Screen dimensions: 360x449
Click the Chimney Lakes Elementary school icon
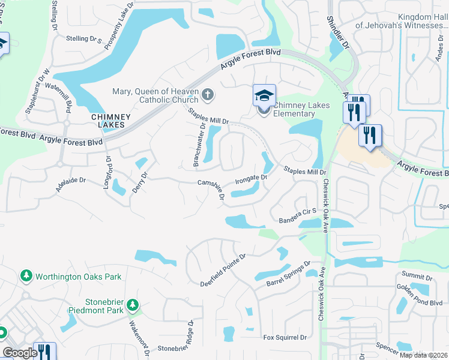(264, 96)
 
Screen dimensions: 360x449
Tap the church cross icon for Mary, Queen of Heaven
(208, 94)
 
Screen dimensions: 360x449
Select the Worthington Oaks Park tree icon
(26, 276)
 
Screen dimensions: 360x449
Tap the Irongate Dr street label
(250, 178)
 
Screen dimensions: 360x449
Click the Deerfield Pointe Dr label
(223, 270)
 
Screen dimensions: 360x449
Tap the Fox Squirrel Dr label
(285, 338)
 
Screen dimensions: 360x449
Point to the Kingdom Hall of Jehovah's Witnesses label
(401, 22)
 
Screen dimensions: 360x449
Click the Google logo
(20, 353)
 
